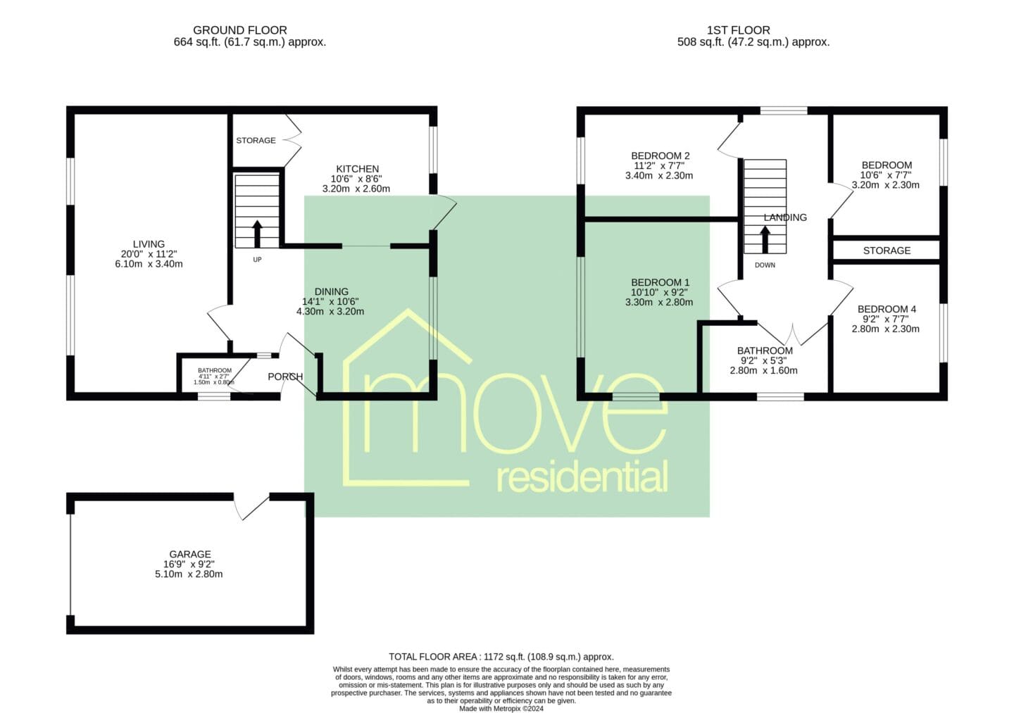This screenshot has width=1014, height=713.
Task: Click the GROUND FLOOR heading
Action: click(240, 30)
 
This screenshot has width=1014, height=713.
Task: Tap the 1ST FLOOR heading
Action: click(738, 30)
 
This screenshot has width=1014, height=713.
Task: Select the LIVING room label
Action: click(149, 244)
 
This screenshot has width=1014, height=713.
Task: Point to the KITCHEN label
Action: click(357, 169)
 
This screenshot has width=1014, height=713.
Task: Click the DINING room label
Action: click(332, 292)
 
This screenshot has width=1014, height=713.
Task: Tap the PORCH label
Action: click(285, 377)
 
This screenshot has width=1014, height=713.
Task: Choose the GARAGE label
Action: click(190, 554)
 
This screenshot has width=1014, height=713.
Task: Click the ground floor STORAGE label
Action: click(256, 140)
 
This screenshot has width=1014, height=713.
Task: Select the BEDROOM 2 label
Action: click(661, 156)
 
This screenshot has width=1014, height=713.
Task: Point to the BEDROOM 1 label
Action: click(660, 283)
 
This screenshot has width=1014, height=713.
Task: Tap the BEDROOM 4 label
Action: click(887, 310)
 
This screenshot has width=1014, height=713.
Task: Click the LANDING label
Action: click(785, 217)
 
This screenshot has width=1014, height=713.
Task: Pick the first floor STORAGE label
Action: click(887, 251)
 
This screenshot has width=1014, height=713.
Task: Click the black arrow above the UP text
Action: click(257, 234)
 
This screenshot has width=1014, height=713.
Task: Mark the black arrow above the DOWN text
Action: click(765, 240)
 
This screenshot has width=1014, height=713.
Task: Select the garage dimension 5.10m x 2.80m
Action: click(189, 574)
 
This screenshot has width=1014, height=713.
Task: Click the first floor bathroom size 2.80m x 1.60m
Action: click(763, 370)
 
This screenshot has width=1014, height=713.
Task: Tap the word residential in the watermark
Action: click(582, 476)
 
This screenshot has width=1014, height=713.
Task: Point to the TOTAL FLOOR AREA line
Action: click(501, 657)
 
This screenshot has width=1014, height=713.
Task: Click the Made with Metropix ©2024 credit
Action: click(501, 709)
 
